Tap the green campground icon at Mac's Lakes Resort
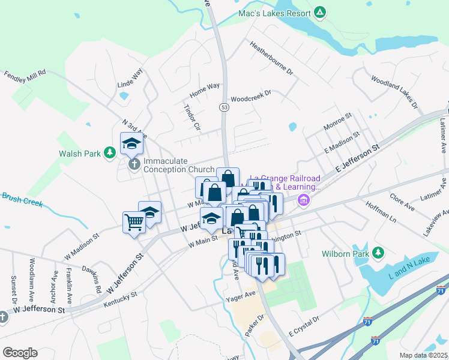pyautogui.click(x=321, y=13)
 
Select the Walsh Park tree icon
pyautogui.click(x=109, y=154)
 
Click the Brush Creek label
pyautogui.click(x=22, y=199)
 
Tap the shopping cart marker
pyautogui.click(x=134, y=222)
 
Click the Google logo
pyautogui.click(x=20, y=352)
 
